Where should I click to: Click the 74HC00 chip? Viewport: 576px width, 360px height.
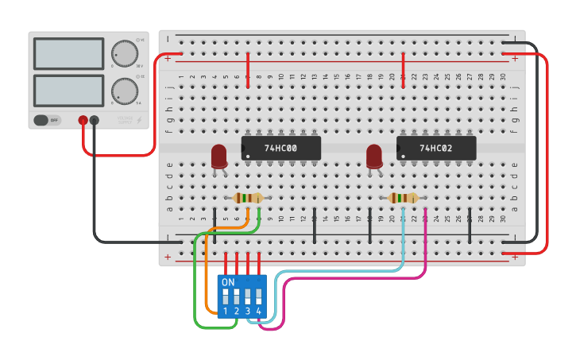click(x=280, y=148)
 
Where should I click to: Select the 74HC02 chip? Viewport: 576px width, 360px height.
click(x=435, y=148)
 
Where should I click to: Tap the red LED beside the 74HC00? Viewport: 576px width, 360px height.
click(x=219, y=155)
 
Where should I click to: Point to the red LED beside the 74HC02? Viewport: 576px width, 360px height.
click(x=374, y=155)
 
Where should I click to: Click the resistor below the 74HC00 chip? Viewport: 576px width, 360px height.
click(x=249, y=198)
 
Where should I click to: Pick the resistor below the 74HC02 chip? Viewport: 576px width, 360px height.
click(x=404, y=198)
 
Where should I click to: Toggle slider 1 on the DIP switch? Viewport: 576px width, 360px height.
click(x=226, y=296)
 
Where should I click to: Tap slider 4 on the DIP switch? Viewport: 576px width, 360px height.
click(x=258, y=296)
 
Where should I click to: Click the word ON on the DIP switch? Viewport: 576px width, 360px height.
click(x=228, y=282)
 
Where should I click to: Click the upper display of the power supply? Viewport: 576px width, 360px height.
click(x=68, y=53)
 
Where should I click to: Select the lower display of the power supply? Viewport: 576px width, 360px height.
click(x=68, y=90)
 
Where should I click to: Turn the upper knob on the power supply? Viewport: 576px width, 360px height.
click(x=123, y=52)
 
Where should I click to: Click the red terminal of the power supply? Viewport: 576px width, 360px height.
click(x=83, y=120)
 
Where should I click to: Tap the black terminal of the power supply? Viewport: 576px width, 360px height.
click(x=95, y=120)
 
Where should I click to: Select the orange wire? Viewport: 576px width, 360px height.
click(x=207, y=270)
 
